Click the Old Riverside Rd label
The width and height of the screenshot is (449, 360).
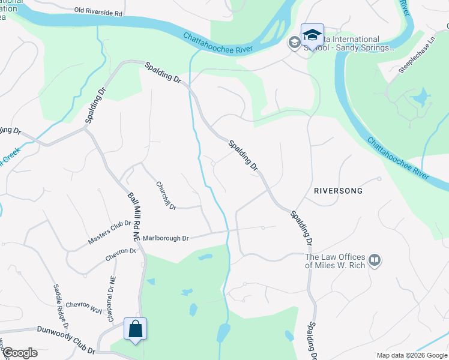coord(98,10)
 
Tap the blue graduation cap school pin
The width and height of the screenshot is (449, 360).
coord(312,36)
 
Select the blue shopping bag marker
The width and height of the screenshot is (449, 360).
coord(135,329)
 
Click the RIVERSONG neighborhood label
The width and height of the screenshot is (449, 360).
coord(339,191)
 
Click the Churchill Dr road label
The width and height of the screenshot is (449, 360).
coord(166,196)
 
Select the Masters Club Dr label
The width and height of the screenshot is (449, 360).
coord(109,233)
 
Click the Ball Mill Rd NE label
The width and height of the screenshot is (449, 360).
coord(133,217)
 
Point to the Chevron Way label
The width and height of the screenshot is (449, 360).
coord(83,307)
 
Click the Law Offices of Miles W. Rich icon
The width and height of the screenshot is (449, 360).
coord(375,260)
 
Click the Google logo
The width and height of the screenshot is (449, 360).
coord(20,353)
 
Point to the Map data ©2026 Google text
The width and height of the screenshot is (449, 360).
coord(411,355)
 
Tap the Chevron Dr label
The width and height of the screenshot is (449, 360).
coord(121,254)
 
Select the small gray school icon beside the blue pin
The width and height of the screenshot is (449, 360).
coord(294,43)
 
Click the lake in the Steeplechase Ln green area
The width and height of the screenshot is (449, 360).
coord(420,97)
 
